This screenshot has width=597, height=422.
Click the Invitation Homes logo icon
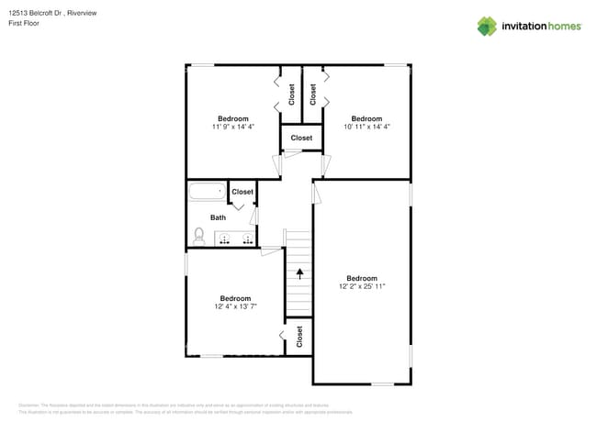[x=487, y=26]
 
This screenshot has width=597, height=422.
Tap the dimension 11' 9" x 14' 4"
[x=232, y=127]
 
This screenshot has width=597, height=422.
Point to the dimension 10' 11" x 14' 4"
[x=366, y=127]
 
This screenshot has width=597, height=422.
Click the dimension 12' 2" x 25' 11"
[x=362, y=286]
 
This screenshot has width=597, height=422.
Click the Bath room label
[x=218, y=217]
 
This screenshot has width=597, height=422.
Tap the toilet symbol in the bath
[x=199, y=236]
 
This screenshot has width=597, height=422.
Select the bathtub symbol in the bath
[x=207, y=193]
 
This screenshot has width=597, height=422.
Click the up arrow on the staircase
[x=298, y=272]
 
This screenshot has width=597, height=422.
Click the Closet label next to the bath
[x=242, y=192]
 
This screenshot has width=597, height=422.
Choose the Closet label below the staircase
[x=299, y=338]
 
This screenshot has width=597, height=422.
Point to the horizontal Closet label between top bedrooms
[x=301, y=138]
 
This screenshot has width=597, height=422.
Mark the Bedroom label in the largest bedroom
[x=362, y=278]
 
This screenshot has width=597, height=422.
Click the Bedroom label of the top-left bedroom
[x=232, y=118]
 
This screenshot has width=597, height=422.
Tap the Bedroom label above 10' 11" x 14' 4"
[x=366, y=118]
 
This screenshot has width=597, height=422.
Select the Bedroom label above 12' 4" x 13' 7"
[x=235, y=298]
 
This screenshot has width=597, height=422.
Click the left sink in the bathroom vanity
[x=225, y=239]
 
